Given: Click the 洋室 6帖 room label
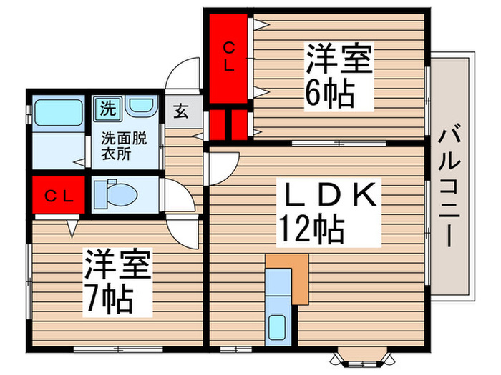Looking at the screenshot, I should click(x=339, y=75).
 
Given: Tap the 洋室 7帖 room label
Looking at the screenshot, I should click(x=117, y=281).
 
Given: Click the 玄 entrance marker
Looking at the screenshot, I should click(x=180, y=112).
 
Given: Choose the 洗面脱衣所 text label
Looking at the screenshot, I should click(x=124, y=146).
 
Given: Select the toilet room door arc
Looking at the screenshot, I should click(x=179, y=193).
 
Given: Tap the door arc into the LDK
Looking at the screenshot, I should click(x=221, y=169).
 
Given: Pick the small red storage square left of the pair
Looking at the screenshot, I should click(x=214, y=124).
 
